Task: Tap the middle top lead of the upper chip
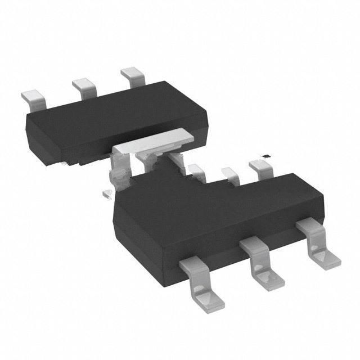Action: [x=83, y=87]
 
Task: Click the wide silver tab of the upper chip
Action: [x=154, y=140]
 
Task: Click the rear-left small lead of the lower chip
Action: [x=197, y=171]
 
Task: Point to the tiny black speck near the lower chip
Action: [x=267, y=155]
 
